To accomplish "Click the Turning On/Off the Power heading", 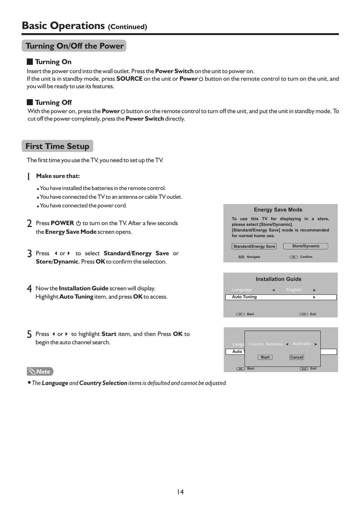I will tap(74, 46).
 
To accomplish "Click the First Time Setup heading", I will tap(57, 146).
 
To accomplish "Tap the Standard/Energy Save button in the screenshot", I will tap(254, 246).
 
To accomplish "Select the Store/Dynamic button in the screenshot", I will tap(306, 246).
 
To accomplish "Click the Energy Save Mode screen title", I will tap(278, 210).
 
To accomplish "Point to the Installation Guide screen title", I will tap(278, 279).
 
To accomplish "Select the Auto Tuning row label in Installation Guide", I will tap(244, 297).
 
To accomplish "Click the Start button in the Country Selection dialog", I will tap(265, 357).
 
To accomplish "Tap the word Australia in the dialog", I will tap(302, 344).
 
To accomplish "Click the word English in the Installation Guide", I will tap(294, 290).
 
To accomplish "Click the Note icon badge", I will tap(40, 371).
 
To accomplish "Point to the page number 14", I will tap(180, 492).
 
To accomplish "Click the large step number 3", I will tap(29, 253).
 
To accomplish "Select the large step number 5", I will tap(29, 334).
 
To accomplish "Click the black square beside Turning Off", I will tap(30, 102).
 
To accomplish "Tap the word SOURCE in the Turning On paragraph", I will tap(129, 79).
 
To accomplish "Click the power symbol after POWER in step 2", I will tap(78, 223).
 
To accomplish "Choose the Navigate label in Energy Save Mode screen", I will tap(253, 257).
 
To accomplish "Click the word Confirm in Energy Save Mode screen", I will tap(306, 257).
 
